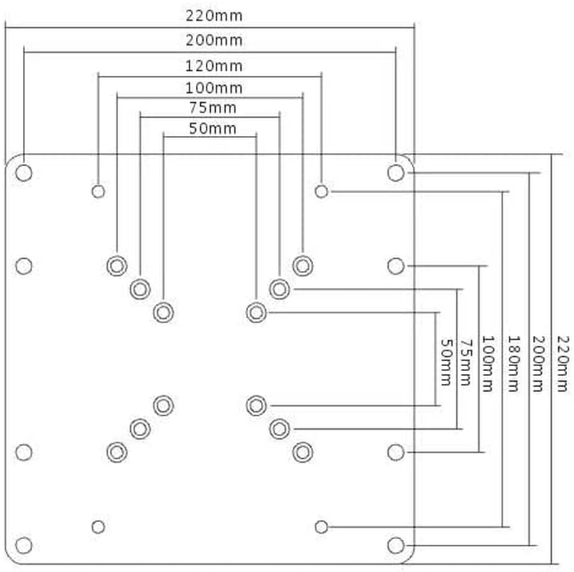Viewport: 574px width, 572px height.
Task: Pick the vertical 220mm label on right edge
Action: [564, 364]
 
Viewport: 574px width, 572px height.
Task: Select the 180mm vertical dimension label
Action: [513, 364]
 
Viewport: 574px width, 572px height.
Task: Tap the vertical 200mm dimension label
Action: [538, 364]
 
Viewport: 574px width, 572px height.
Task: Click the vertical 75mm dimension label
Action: [466, 362]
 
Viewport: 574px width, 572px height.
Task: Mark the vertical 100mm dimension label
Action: [488, 364]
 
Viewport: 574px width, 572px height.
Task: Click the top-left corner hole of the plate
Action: [24, 173]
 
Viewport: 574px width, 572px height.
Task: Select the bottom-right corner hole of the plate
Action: [395, 546]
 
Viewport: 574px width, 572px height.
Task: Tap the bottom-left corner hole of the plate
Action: [24, 546]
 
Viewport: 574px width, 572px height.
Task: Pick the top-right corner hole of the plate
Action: [395, 173]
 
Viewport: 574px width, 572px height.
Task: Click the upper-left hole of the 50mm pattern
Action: [164, 312]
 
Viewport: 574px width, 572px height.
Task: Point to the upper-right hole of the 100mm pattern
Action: [302, 265]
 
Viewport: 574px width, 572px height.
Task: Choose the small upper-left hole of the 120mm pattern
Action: [99, 191]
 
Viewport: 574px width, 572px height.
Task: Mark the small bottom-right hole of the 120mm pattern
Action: [322, 527]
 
